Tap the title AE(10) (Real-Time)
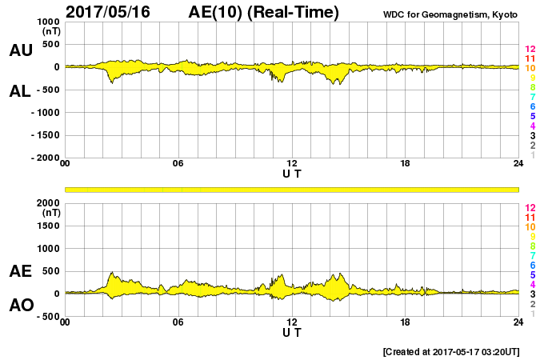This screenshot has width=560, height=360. [263, 12]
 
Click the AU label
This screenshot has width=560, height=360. [21, 50]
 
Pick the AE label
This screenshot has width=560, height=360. [21, 271]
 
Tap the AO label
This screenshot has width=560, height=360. [21, 306]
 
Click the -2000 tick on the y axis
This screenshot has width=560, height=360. [45, 158]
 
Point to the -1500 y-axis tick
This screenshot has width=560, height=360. [45, 135]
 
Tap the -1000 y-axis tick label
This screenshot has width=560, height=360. [45, 113]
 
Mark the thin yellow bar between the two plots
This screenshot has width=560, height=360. [292, 189]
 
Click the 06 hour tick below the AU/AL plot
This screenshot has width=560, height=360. [178, 163]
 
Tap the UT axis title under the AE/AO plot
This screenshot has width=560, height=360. [292, 332]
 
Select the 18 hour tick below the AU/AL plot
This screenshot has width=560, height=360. [406, 163]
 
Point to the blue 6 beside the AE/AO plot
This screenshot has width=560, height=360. [530, 265]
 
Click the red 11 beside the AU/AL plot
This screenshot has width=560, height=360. [530, 58]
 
